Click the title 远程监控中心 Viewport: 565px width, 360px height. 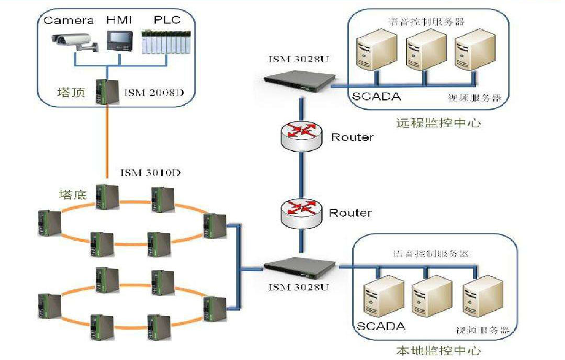click(438, 123)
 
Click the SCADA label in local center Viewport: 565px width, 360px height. click(381, 327)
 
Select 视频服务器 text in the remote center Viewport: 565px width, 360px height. click(475, 98)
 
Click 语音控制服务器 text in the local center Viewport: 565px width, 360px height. click(431, 254)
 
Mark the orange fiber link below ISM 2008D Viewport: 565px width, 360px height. click(107, 141)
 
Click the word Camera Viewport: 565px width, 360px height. click(69, 20)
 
